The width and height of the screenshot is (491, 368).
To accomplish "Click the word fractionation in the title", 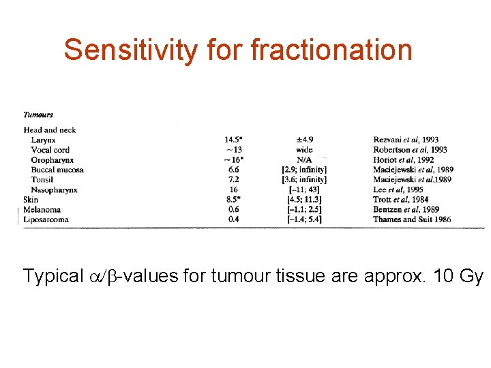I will [331, 50].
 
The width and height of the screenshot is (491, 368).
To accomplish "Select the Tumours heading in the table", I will [38, 114].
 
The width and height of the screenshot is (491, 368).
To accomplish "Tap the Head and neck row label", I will [50, 130].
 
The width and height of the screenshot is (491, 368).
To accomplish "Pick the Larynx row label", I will [44, 140].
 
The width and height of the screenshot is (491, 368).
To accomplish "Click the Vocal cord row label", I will [50, 150].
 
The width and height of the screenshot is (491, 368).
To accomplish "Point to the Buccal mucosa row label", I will [57, 170].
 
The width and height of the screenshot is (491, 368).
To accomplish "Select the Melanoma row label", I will [42, 209].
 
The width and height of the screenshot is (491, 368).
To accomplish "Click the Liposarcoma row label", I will [46, 219].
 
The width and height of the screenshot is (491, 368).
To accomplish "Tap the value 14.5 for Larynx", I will [233, 140].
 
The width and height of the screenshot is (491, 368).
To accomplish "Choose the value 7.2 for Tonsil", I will [233, 179].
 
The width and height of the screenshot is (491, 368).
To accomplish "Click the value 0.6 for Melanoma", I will [233, 209].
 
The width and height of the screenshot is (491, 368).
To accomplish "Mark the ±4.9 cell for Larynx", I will [303, 140].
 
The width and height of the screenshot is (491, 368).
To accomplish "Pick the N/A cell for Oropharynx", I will [304, 159].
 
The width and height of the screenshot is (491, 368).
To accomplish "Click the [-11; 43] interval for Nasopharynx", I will [304, 189].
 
